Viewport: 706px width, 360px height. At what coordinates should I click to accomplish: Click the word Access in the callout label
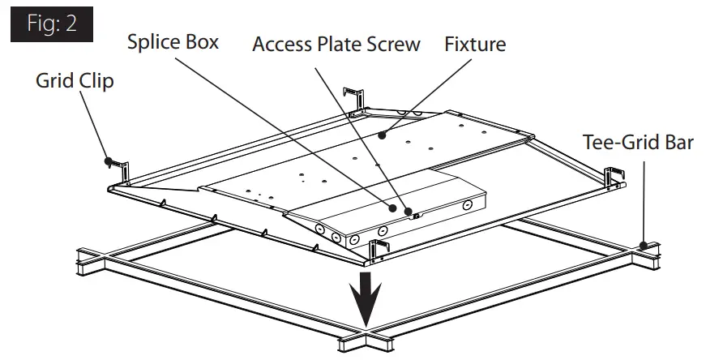[281, 44]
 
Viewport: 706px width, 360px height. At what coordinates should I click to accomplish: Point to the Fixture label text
[475, 44]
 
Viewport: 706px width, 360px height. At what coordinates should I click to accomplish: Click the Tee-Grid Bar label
[638, 143]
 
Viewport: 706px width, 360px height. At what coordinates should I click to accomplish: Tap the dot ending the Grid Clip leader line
[107, 161]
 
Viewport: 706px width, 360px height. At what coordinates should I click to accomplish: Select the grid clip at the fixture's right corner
[615, 178]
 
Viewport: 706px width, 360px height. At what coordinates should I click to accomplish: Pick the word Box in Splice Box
[201, 41]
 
